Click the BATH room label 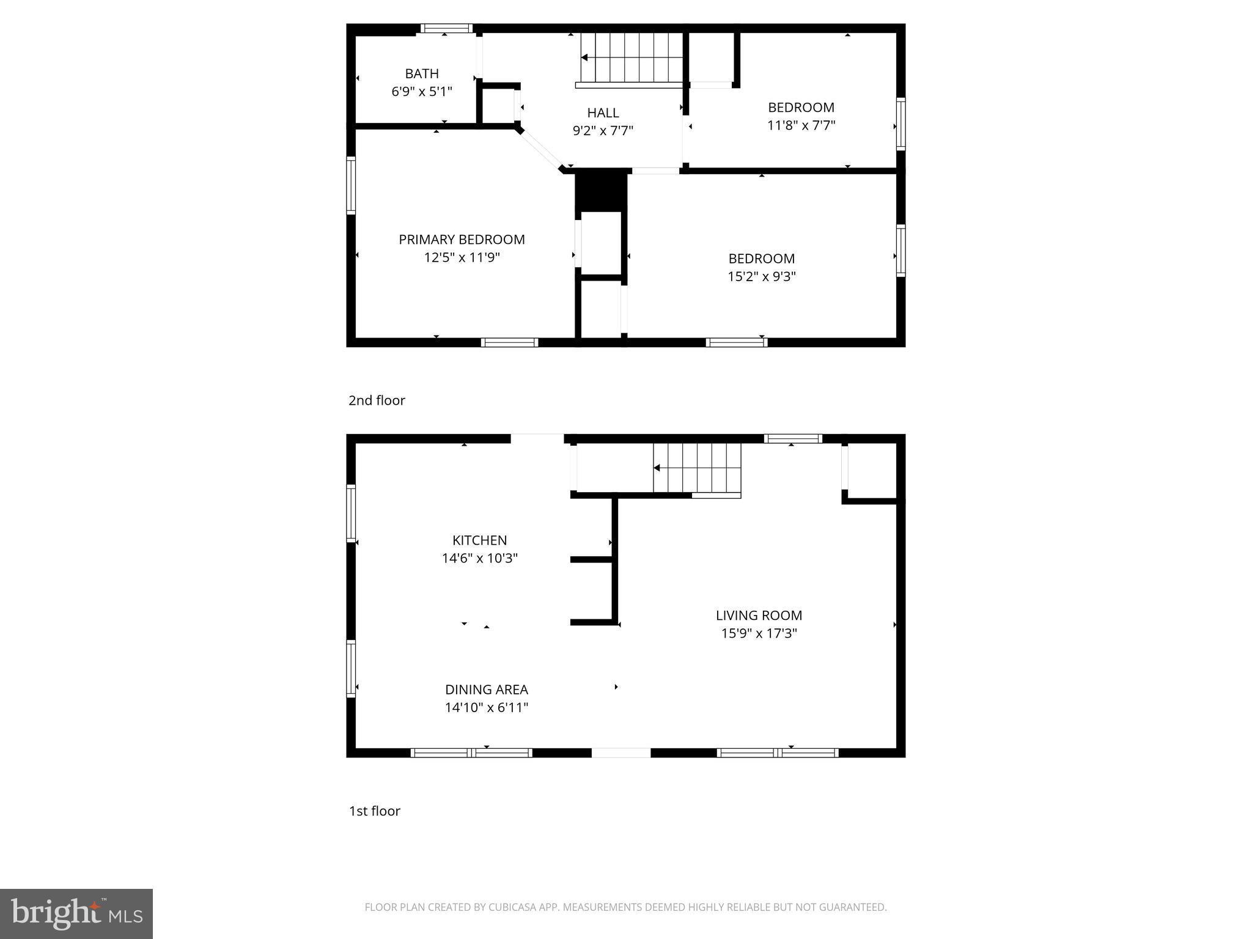[422, 74]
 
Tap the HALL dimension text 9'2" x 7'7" [603, 131]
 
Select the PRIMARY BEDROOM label [462, 240]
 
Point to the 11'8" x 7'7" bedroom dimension [801, 125]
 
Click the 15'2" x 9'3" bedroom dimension [761, 276]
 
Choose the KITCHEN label [479, 540]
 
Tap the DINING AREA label [486, 690]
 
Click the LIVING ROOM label [759, 616]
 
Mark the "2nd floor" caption [377, 400]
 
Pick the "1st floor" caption [374, 811]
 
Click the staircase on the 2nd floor [631, 57]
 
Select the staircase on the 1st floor [697, 468]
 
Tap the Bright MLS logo [76, 913]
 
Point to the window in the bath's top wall [446, 28]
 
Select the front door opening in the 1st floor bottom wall [620, 753]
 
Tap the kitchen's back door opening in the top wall [537, 438]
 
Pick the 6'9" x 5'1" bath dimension [422, 92]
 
